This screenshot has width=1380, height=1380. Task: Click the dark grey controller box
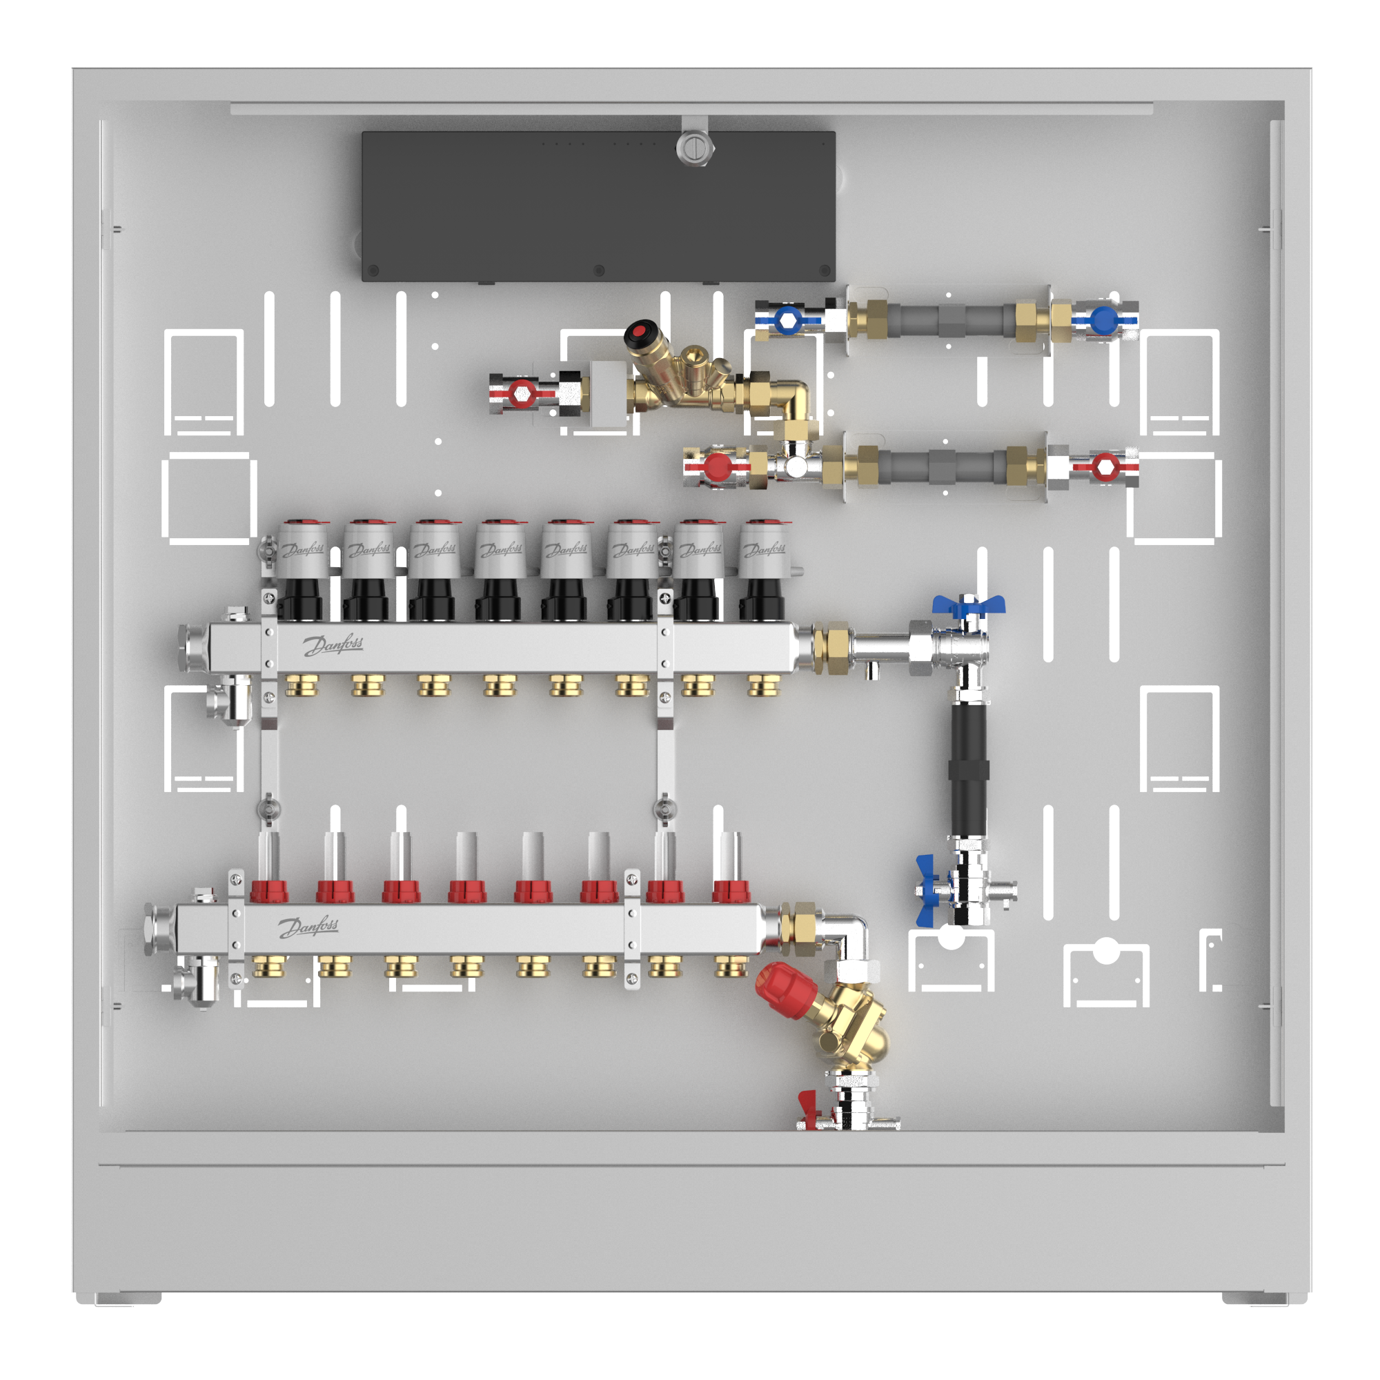(x=598, y=206)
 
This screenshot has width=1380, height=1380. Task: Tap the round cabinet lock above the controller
(x=694, y=148)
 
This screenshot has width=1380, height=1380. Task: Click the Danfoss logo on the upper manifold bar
(x=333, y=645)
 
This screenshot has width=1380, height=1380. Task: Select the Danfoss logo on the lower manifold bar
(x=308, y=927)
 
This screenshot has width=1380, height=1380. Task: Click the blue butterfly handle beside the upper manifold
(x=968, y=607)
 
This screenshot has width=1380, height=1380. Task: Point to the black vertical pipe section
(x=969, y=769)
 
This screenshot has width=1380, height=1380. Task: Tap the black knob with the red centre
(x=643, y=333)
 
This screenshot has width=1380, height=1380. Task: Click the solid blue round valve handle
(x=1103, y=321)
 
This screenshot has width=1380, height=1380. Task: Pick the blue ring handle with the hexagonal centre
(x=788, y=321)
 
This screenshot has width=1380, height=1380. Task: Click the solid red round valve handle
(x=718, y=467)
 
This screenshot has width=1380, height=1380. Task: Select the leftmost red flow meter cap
(x=269, y=891)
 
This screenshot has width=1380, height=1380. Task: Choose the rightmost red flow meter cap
(x=731, y=891)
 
